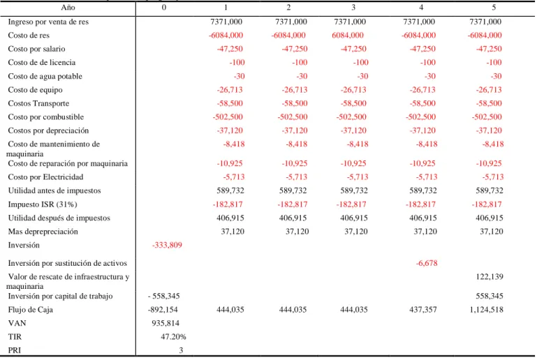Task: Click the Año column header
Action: tap(68, 8)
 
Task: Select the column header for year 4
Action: tap(421, 8)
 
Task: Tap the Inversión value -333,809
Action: tap(167, 245)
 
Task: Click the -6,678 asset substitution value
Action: tap(427, 263)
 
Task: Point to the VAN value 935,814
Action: tap(165, 323)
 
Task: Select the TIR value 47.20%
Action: tap(173, 337)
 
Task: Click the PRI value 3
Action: tap(181, 350)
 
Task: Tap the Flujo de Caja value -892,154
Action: tap(163, 310)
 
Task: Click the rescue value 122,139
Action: tap(490, 276)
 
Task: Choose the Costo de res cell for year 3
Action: tap(348, 36)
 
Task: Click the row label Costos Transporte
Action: tap(38, 103)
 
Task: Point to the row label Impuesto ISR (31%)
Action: tap(43, 204)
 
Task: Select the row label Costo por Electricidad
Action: tap(45, 177)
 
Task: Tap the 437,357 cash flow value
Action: tap(423, 310)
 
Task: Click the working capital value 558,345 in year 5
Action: tap(490, 296)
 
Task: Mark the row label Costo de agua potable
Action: tap(45, 76)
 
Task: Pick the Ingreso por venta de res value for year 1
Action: tap(226, 22)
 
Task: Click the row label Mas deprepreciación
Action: tap(43, 232)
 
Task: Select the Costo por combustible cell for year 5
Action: tap(487, 117)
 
